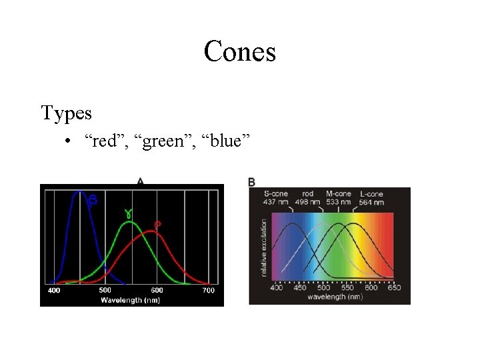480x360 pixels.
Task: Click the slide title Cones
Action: [240, 51]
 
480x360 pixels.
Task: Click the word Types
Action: [67, 113]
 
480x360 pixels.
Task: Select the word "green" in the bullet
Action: [161, 141]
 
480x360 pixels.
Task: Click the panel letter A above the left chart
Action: [140, 180]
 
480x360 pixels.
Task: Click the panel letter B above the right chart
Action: [251, 181]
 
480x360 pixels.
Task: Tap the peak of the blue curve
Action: [79, 192]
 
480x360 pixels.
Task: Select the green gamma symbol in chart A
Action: [127, 213]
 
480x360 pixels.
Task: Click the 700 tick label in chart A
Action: [209, 290]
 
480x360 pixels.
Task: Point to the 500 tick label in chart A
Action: [105, 290]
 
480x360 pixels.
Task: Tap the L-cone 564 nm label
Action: [371, 198]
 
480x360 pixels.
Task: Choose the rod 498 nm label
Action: [307, 198]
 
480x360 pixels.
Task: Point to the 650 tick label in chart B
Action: [393, 287]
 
